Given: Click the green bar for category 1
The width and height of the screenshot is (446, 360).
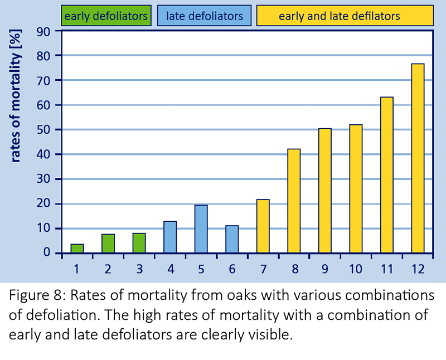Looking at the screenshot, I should (x=77, y=249).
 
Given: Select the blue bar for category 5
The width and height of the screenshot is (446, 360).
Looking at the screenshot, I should (x=201, y=229).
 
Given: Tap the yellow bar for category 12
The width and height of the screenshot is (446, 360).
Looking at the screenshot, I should (x=418, y=158).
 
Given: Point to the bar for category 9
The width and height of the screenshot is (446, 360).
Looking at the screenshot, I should (x=325, y=191).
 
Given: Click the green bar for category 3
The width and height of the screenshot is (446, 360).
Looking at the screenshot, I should (x=139, y=243).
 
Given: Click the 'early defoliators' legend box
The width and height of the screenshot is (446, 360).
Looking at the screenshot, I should (x=105, y=16).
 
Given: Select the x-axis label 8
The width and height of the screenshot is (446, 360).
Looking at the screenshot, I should (x=294, y=269).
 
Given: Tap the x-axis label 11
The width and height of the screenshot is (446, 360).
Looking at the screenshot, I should (x=386, y=269).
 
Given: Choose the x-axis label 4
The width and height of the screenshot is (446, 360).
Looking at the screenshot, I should (x=170, y=269).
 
